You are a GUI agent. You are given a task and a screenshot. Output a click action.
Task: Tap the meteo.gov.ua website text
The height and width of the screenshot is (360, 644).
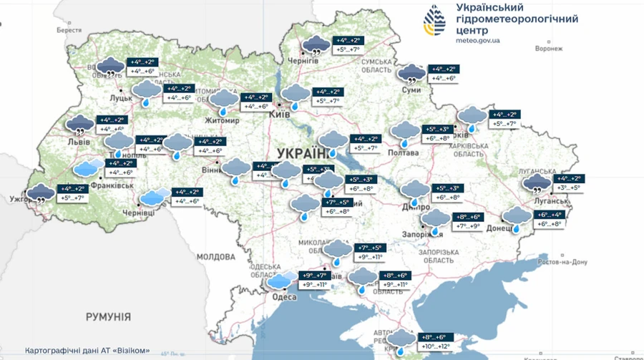pos(478,41)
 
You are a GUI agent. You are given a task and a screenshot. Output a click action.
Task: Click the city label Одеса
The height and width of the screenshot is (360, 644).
pos(285,297)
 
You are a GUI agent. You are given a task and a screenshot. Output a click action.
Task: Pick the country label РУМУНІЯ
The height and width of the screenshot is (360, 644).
pos(107,316)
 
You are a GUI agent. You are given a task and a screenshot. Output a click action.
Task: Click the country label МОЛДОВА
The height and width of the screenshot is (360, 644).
pos(215,256)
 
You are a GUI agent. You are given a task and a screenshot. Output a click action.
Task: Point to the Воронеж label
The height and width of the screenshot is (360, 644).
pos(550,50)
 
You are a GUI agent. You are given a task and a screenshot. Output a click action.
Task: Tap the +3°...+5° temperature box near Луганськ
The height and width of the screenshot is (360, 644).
pos(575,188)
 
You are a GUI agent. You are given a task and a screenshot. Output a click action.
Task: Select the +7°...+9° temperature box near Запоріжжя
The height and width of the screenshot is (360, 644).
pos(469,226)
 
